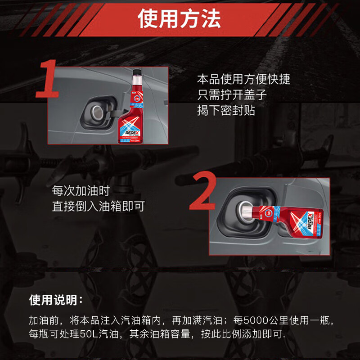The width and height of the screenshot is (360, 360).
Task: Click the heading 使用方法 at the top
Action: click(x=180, y=19)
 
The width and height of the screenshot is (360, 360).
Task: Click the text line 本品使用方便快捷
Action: click(x=243, y=80)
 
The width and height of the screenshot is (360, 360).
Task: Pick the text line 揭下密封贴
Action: click(x=226, y=110)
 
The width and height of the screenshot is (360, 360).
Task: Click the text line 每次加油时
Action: click(x=81, y=191)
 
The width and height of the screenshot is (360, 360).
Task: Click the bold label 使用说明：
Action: click(x=56, y=300)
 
